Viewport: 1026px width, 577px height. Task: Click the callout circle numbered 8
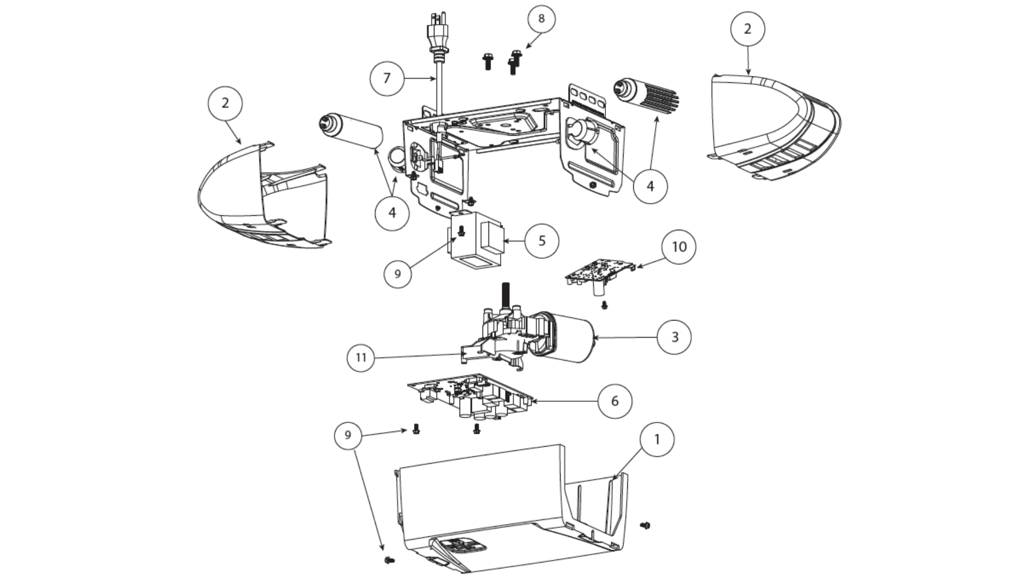[541, 19]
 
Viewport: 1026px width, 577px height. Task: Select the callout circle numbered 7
[387, 79]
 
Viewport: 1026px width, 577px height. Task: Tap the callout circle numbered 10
[679, 247]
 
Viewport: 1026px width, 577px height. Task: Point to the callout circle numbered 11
[361, 357]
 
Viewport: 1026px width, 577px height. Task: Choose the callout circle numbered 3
[674, 337]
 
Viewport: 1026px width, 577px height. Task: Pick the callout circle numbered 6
[615, 401]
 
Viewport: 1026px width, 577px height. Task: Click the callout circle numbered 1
[657, 439]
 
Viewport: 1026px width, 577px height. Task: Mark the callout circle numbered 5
[542, 241]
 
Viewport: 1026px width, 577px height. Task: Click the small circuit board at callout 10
[600, 272]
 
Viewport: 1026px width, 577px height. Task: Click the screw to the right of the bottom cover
[645, 526]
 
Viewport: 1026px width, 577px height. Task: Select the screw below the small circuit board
[605, 305]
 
